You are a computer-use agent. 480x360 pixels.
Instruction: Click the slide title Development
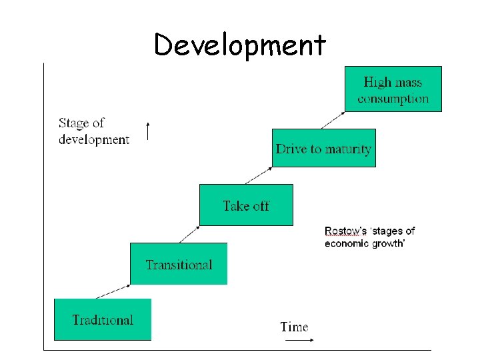tap(240, 45)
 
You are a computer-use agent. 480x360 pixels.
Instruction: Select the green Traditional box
tap(103, 319)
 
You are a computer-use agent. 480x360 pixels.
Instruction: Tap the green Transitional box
tap(179, 264)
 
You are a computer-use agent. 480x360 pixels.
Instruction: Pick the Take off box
tap(246, 205)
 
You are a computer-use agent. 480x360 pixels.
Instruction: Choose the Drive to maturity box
tap(324, 148)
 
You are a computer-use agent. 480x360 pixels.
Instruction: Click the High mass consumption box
tap(393, 89)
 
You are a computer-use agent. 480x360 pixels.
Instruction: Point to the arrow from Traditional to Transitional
tap(114, 290)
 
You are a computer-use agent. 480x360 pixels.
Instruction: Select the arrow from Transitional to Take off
tap(189, 234)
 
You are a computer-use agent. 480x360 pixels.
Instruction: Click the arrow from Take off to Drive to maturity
tap(256, 175)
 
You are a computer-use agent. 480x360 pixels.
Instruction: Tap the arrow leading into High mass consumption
tap(333, 120)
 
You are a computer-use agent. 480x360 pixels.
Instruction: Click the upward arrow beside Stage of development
tap(148, 131)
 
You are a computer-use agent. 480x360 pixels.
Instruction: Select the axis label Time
tap(294, 327)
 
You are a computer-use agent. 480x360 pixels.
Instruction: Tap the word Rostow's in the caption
tap(345, 231)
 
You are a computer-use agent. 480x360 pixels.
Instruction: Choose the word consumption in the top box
tap(393, 99)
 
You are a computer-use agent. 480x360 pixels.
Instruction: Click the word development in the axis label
tap(94, 139)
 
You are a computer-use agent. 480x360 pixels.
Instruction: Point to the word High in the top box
tap(377, 83)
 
